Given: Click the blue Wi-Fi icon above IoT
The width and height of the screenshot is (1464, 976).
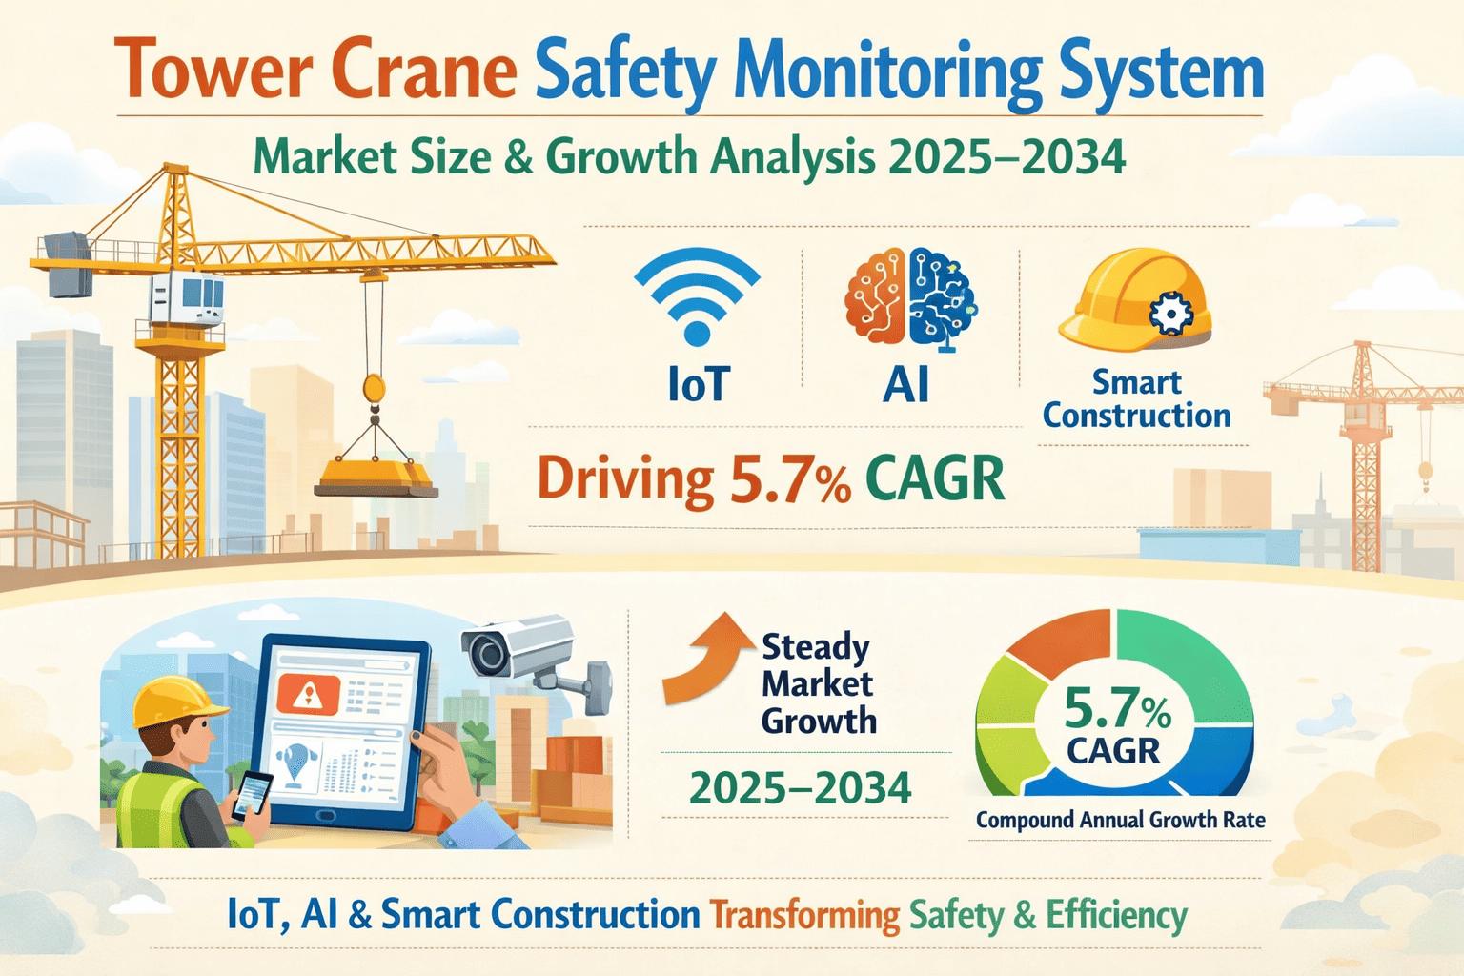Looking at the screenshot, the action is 697,298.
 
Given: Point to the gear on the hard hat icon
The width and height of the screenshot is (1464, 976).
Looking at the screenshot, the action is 1170,314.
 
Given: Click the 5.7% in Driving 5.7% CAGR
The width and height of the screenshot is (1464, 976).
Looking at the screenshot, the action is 791,480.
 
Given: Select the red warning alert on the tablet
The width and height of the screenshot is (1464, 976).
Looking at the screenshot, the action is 308,694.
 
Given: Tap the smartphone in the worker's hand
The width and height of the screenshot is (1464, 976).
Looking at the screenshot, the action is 253,794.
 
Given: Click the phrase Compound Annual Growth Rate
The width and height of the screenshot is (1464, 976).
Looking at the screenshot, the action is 1120,820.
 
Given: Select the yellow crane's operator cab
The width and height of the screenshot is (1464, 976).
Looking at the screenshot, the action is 187,298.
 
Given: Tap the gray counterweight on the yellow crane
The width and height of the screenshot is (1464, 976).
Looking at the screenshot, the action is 70,264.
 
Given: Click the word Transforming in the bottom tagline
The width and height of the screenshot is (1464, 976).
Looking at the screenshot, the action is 804,916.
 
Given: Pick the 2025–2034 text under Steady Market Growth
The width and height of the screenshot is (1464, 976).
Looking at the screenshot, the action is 801,787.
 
